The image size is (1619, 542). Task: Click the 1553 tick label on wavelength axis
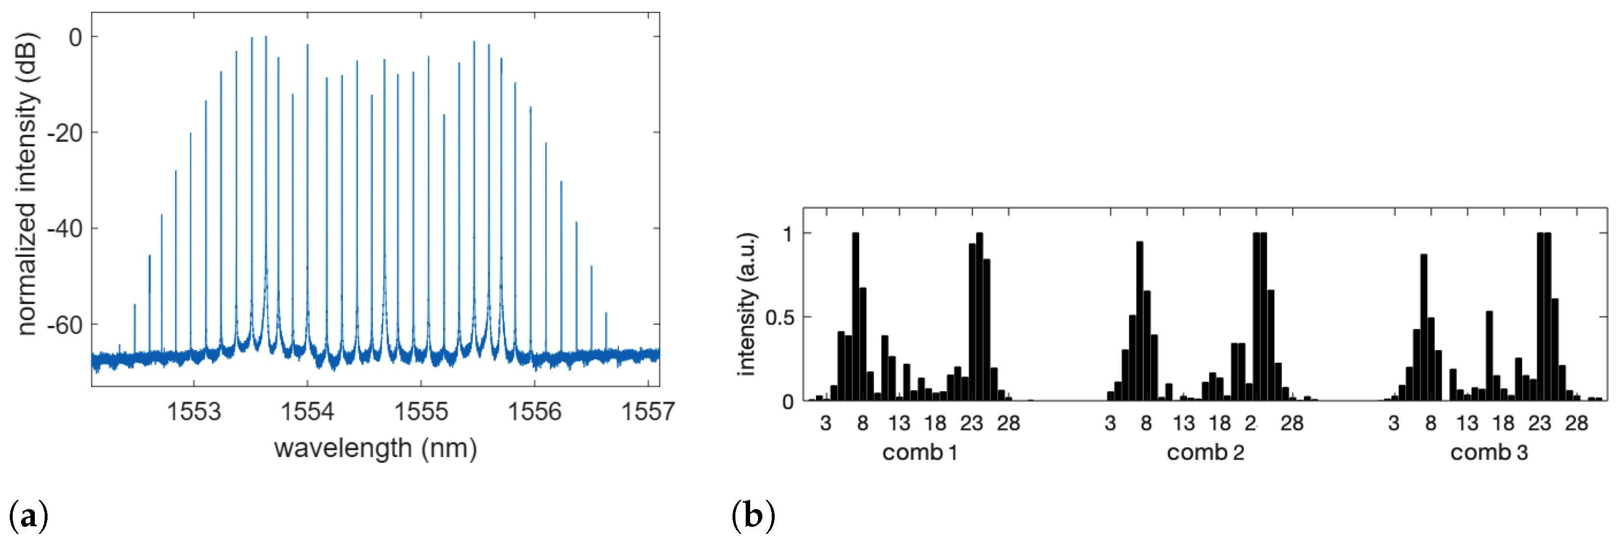tap(194, 412)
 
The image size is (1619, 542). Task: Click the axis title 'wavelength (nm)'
tap(375, 449)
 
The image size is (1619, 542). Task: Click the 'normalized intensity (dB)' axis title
tap(26, 184)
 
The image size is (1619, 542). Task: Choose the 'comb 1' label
tap(919, 453)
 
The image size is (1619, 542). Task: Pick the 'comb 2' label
tap(1205, 453)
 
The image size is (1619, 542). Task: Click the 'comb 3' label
tap(1488, 453)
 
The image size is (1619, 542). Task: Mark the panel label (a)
tap(29, 517)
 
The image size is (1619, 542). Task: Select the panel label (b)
tap(753, 517)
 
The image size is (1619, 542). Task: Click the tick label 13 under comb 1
tap(899, 424)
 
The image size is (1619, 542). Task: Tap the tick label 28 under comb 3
tap(1576, 424)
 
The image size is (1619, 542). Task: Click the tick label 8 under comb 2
tap(1146, 424)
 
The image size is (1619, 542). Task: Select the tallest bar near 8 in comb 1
tap(856, 314)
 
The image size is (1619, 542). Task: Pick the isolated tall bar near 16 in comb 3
tap(1489, 355)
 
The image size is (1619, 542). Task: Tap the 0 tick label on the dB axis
tap(76, 38)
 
